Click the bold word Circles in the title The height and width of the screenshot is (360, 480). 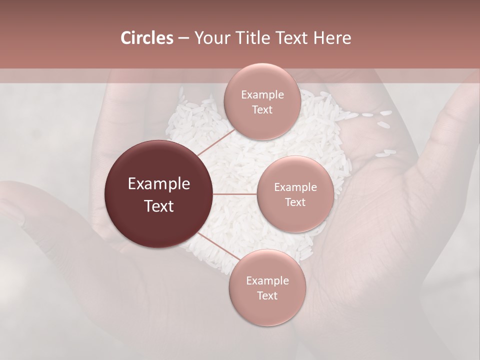pos(146,38)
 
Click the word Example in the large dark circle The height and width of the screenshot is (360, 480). pos(159,184)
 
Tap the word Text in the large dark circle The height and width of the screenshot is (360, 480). pos(159,205)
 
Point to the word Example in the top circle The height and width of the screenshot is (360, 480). pos(262,95)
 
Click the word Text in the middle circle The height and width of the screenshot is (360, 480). pos(295,202)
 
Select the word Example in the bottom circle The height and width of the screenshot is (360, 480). pos(267,280)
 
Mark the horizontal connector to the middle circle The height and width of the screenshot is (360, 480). pos(235,194)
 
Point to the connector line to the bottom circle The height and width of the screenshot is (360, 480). pos(215,245)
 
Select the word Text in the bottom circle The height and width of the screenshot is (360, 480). pos(267,295)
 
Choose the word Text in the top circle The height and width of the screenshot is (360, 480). pos(262,110)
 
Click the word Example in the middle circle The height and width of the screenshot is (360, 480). pos(295,187)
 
